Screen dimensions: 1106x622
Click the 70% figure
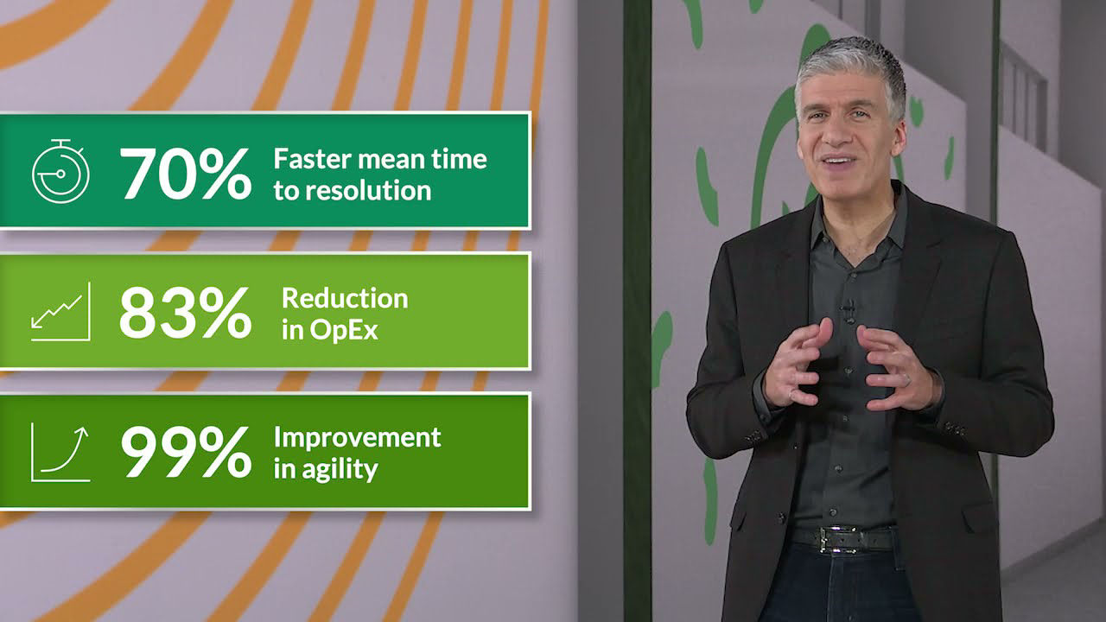(186, 174)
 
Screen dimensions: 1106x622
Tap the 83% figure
(186, 313)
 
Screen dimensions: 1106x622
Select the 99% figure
(186, 452)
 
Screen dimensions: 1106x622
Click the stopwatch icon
(60, 171)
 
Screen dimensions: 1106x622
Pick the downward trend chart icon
(60, 312)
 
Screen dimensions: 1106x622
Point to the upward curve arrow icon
(60, 453)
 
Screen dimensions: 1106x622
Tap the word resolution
(368, 191)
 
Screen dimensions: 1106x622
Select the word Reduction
(345, 298)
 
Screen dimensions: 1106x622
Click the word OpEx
(344, 330)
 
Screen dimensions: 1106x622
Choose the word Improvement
(358, 437)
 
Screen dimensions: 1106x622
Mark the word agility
(340, 469)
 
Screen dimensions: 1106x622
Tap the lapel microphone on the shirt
(849, 310)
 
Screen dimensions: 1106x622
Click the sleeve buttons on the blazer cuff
(955, 428)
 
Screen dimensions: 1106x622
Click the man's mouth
(839, 161)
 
